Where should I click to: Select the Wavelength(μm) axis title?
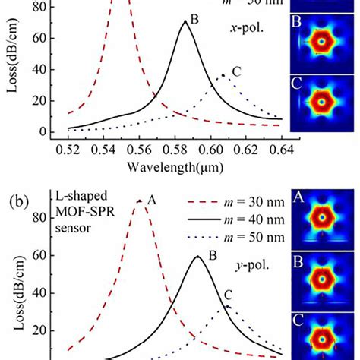click(x=172, y=164)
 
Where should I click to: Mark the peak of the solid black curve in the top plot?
click(x=185, y=21)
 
